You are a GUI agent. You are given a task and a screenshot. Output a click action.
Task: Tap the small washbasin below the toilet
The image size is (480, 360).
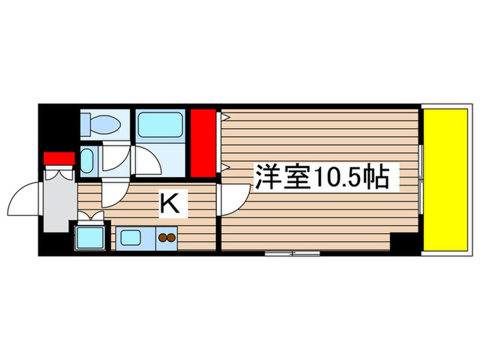88,160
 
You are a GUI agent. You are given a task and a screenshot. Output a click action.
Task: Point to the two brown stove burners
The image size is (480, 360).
167,239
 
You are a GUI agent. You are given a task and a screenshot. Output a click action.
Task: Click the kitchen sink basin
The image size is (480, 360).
130,239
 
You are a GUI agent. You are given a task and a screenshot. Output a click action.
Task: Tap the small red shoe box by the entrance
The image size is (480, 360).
59,159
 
